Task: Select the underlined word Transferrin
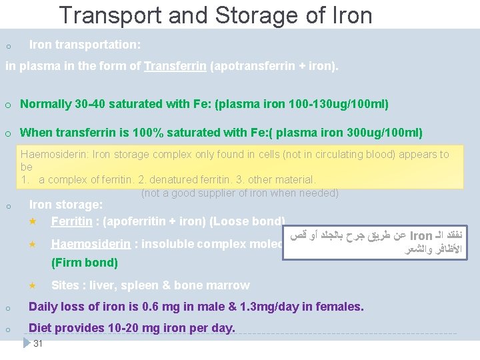click(175, 67)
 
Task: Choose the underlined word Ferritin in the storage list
click(71, 221)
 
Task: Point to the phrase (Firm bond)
click(85, 263)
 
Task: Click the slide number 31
click(38, 343)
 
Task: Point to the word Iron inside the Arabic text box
click(421, 236)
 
